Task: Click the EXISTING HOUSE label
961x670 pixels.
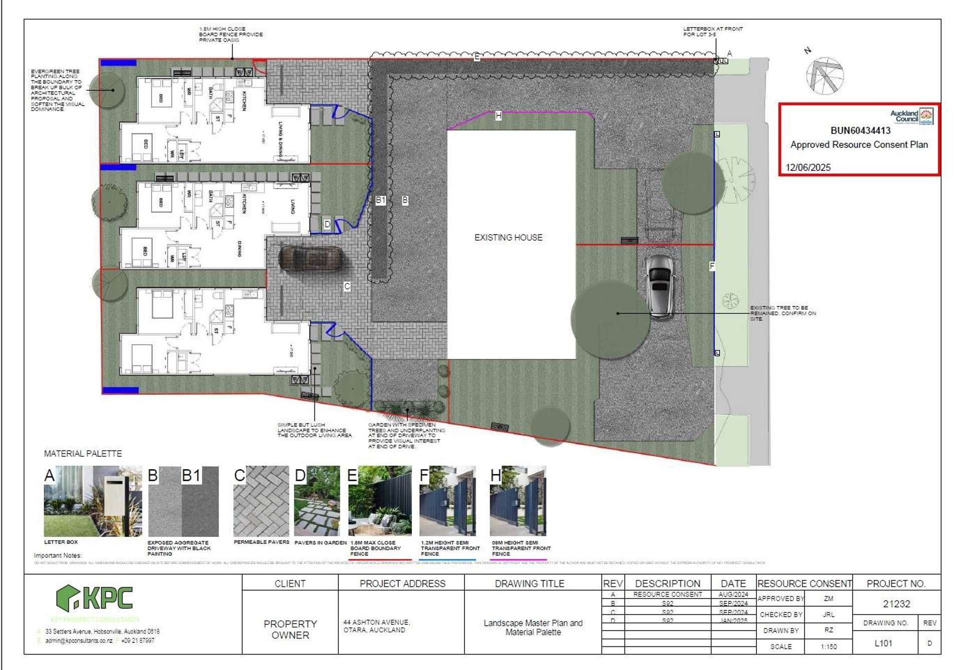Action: pyautogui.click(x=508, y=237)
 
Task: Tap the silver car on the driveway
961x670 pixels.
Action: pyautogui.click(x=660, y=286)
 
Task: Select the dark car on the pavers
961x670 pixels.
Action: pyautogui.click(x=311, y=259)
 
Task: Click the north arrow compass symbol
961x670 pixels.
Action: pyautogui.click(x=824, y=76)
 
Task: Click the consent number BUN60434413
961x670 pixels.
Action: pyautogui.click(x=860, y=131)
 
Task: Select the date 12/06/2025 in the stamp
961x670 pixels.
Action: pyautogui.click(x=808, y=167)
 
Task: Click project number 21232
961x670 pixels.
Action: pyautogui.click(x=896, y=604)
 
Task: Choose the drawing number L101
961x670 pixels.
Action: pyautogui.click(x=883, y=643)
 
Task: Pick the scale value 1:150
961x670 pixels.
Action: pyautogui.click(x=828, y=646)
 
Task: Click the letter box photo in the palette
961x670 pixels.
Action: pyautogui.click(x=93, y=501)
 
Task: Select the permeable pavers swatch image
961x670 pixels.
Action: pyautogui.click(x=261, y=501)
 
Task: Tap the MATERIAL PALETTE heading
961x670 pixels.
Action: pyautogui.click(x=83, y=454)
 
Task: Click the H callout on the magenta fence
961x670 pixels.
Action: pyautogui.click(x=498, y=116)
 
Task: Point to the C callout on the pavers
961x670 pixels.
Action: pyautogui.click(x=347, y=286)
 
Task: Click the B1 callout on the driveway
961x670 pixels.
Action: pyautogui.click(x=380, y=200)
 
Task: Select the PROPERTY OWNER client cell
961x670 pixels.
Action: pyautogui.click(x=290, y=629)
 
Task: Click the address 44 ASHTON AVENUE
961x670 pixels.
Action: pyautogui.click(x=376, y=622)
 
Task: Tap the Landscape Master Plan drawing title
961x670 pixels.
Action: pyautogui.click(x=533, y=627)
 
